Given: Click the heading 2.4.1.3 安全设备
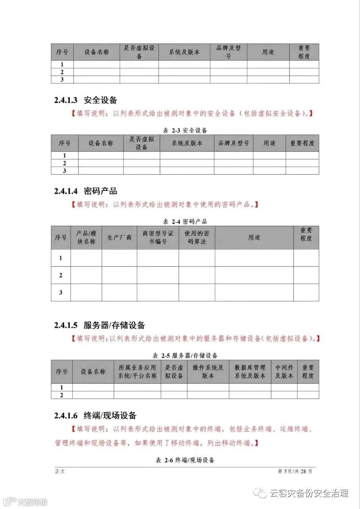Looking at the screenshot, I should point(86,100).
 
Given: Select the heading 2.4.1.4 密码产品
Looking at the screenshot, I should point(86,191).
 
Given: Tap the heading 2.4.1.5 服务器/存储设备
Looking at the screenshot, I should point(99,325).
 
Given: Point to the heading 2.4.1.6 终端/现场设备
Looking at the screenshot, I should point(95,416).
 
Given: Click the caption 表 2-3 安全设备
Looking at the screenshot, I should point(185,130).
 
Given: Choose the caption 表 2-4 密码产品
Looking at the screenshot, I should point(185,221).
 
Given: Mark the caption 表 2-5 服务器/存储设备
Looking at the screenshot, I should point(185,355).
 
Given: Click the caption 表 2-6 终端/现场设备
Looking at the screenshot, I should point(185,460).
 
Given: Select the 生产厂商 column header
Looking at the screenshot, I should point(119,237).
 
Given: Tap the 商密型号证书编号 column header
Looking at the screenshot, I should point(158,237).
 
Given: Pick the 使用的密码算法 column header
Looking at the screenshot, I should point(197,237).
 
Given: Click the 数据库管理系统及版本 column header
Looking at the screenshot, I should point(250,371).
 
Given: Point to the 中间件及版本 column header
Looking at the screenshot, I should point(284,371).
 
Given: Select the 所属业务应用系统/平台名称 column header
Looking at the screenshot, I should point(137,371).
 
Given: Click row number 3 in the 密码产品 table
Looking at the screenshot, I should point(61,292).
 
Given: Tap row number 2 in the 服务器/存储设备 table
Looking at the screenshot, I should point(62,395).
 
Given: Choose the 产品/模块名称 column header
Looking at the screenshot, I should point(86,237).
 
